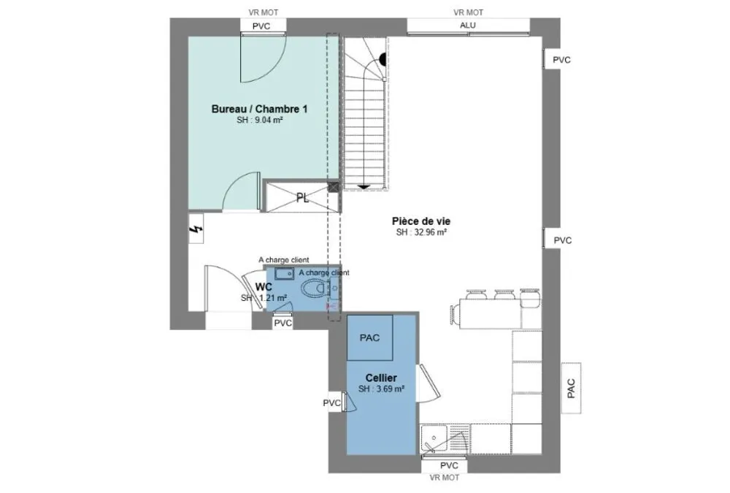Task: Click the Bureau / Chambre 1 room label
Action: point(259,109)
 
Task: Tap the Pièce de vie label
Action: point(421,221)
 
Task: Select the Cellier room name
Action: point(381,378)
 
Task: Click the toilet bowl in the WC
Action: point(314,288)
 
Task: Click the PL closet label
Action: point(303,198)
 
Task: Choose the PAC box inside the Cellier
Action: point(370,338)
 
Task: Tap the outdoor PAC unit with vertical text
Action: point(572,388)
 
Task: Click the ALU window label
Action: point(468,25)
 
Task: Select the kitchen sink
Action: point(434,438)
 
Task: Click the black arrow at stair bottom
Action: point(364,187)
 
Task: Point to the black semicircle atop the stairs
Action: point(383,59)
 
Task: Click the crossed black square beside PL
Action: point(334,187)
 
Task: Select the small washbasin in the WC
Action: point(283,274)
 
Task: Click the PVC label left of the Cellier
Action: point(332,403)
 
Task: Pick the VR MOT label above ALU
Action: point(469,12)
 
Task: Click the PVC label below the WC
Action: point(283,323)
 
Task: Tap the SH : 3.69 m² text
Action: point(381,389)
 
